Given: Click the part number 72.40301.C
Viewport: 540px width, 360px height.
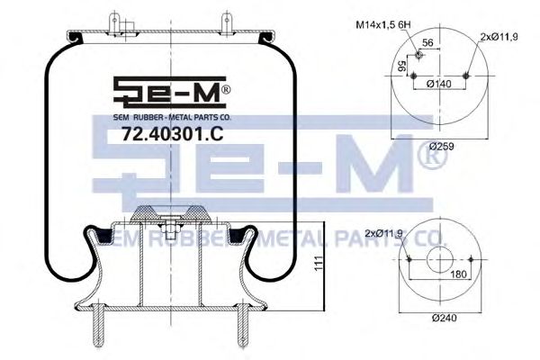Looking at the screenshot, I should tap(159, 135).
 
